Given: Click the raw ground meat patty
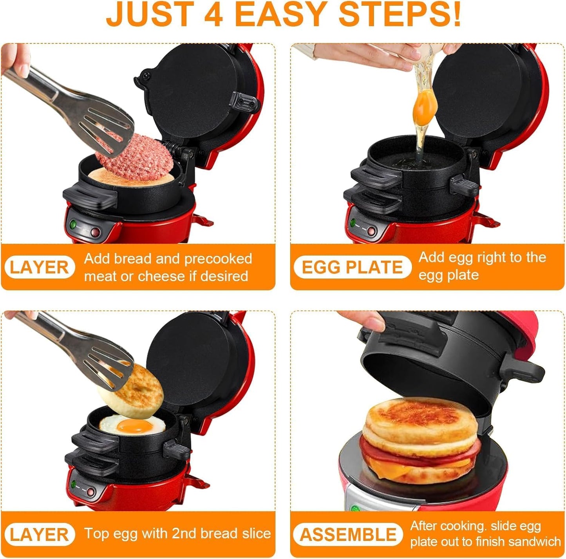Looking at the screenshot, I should pos(135,157).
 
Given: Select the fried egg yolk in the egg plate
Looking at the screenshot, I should pos(136,426).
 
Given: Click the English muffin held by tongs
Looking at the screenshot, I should pos(131,392).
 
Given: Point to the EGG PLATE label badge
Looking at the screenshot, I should pos(352,268).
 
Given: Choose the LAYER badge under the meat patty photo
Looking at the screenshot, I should pos(39,268).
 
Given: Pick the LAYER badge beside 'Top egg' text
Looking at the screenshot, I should pos(39,535).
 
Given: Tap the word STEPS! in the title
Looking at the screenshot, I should pos(400,14).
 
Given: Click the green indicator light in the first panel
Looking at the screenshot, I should pos(73,225).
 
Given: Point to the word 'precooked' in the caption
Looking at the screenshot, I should pos(218,259).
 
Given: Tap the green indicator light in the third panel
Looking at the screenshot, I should pos(73,484).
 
